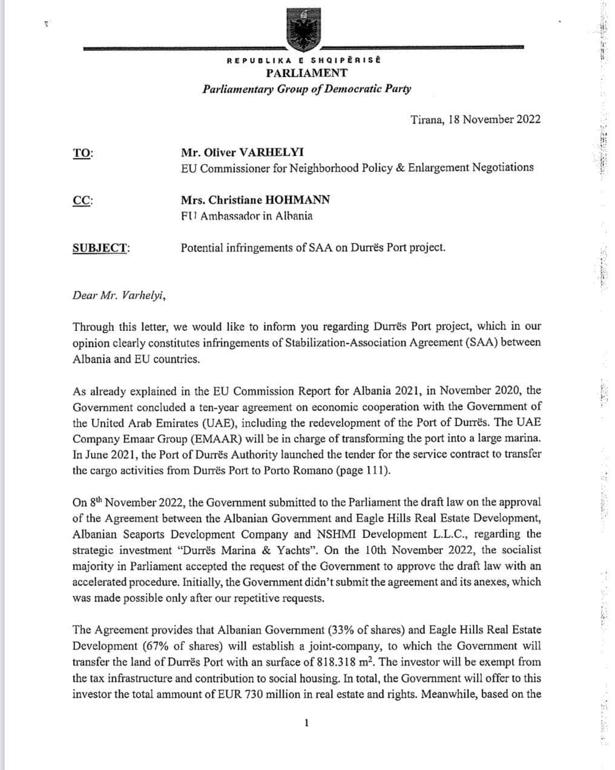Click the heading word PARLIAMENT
[x=307, y=73]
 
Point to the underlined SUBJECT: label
[x=101, y=248]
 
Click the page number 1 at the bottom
[x=307, y=722]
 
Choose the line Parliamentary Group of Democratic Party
[x=307, y=89]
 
